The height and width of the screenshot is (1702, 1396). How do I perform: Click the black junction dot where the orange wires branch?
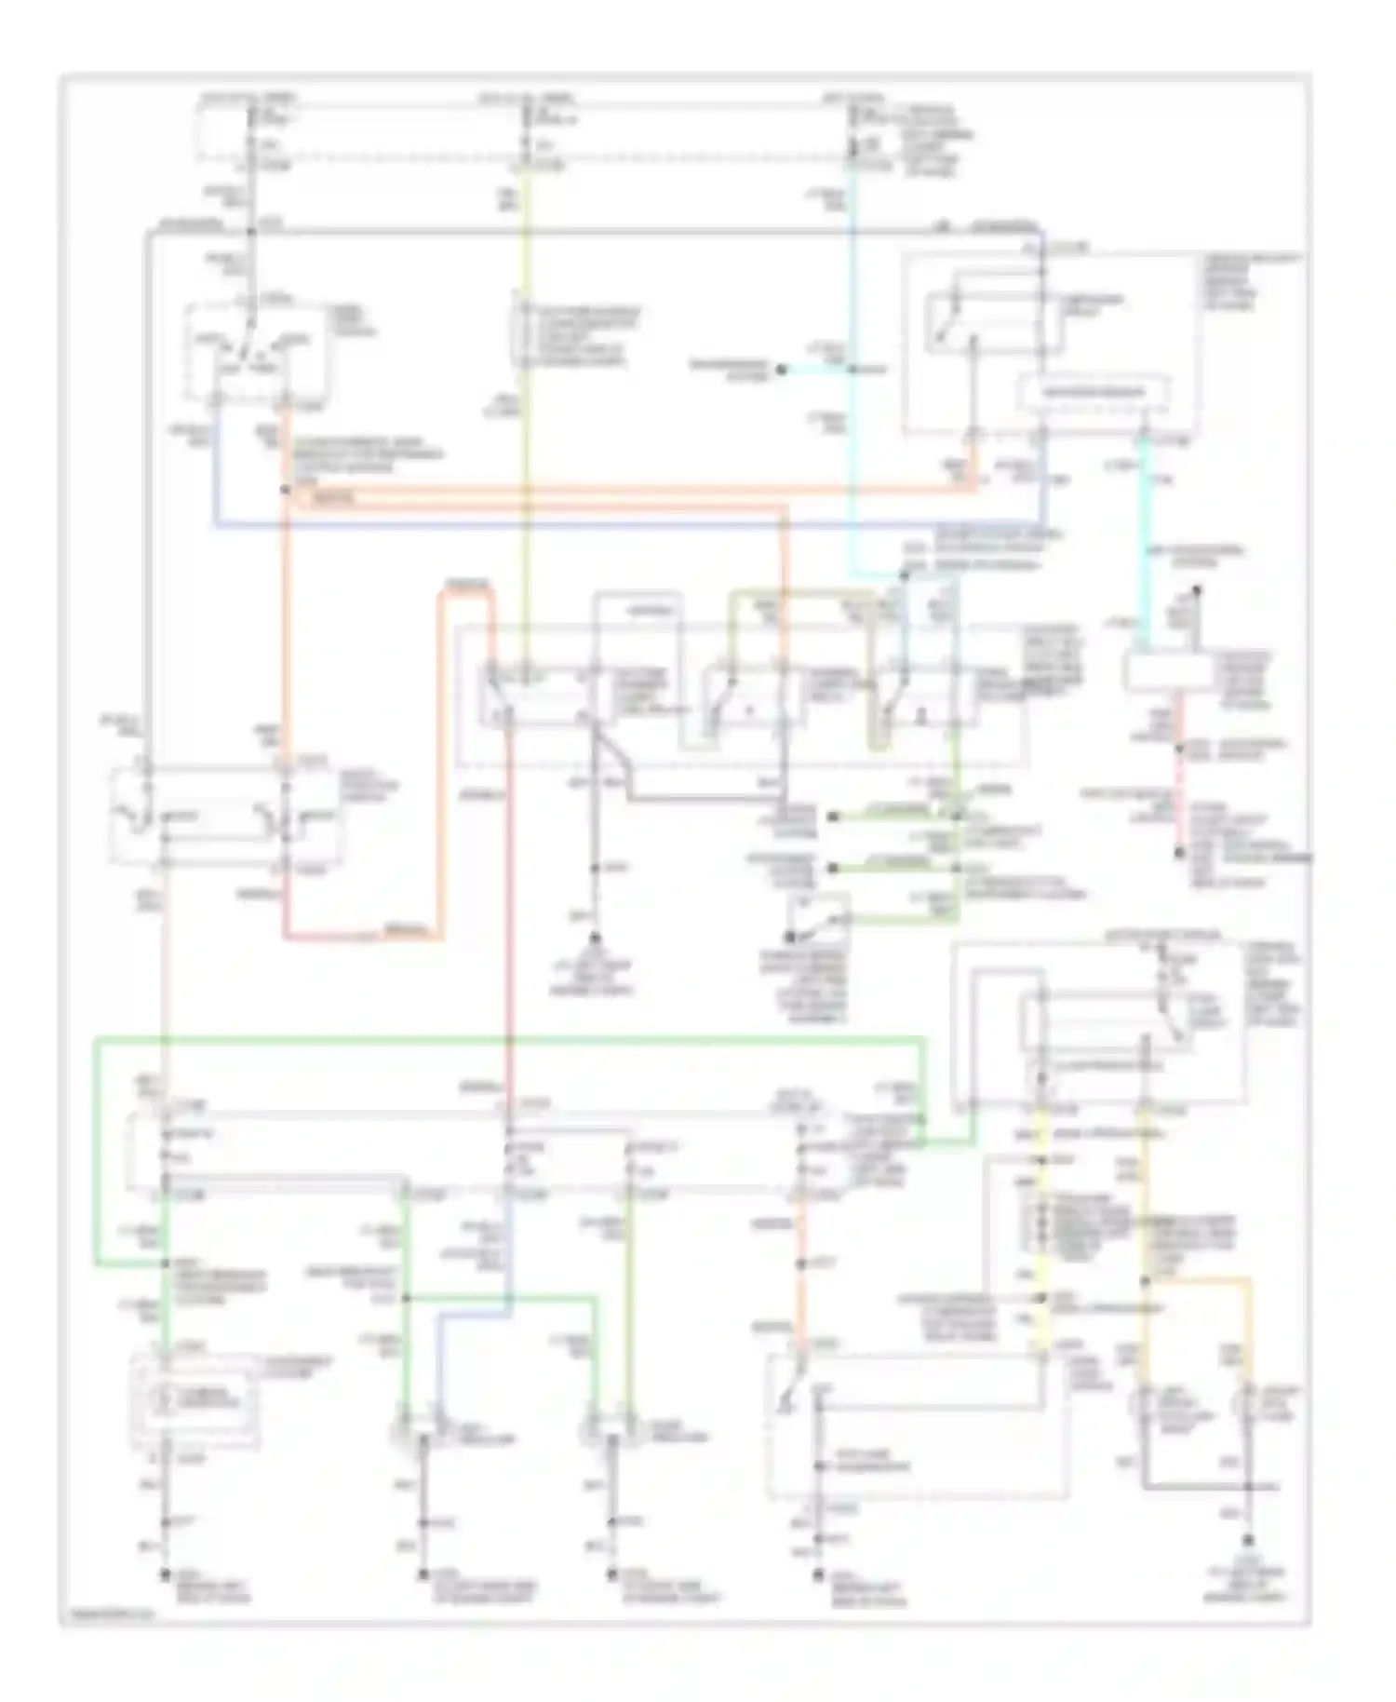coord(286,488)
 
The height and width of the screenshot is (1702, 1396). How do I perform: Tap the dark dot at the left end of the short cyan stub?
coord(782,370)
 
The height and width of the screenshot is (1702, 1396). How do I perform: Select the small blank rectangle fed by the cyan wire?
coord(1169,670)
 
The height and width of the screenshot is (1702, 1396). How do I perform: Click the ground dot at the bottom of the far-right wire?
coord(1247,1541)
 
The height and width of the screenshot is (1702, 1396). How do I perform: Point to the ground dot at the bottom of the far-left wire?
coord(165,1574)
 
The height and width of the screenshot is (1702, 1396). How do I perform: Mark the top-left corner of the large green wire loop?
coord(97,1039)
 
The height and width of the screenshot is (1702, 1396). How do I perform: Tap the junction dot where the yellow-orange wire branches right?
coord(1146,1282)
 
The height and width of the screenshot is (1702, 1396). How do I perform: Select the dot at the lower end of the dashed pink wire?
coord(1179,852)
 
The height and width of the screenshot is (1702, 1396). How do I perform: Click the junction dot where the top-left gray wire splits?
coord(250,230)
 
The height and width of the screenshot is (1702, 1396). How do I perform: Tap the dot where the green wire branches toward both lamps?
coord(406,1297)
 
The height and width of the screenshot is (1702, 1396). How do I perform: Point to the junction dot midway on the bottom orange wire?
coord(800,1264)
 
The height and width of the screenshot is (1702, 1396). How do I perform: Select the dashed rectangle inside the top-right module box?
coord(1094,393)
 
